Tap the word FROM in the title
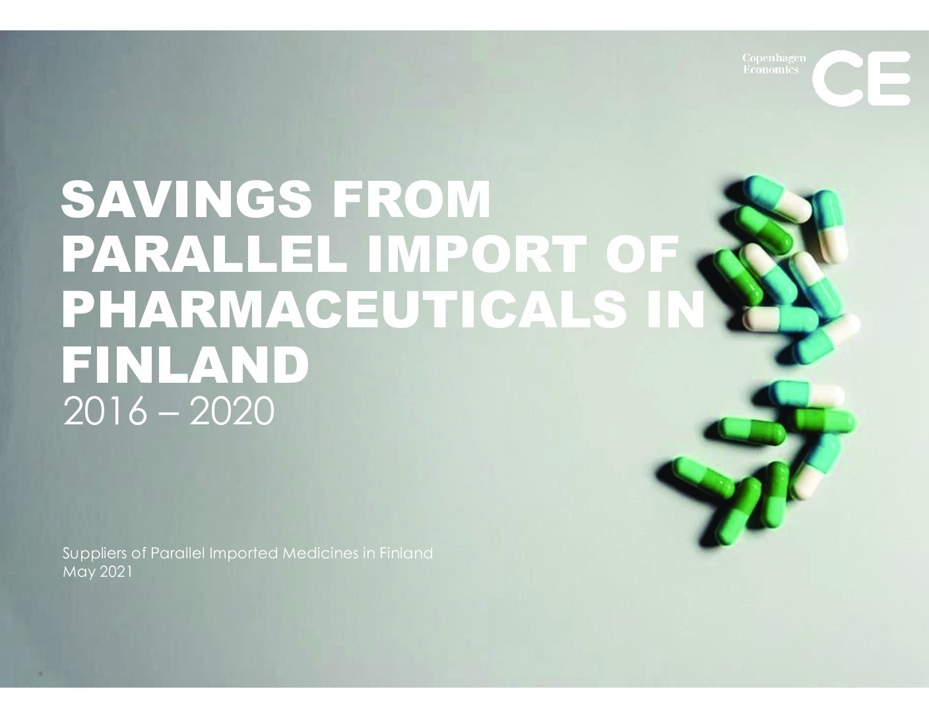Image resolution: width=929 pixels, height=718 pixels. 411,199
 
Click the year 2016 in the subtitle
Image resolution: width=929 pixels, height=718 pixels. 104,411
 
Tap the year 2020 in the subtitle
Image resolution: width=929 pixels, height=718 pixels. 232,411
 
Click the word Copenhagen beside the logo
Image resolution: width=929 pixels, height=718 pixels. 774,58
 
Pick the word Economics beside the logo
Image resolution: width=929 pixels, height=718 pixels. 771,69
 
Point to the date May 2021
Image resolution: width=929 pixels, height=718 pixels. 98,572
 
